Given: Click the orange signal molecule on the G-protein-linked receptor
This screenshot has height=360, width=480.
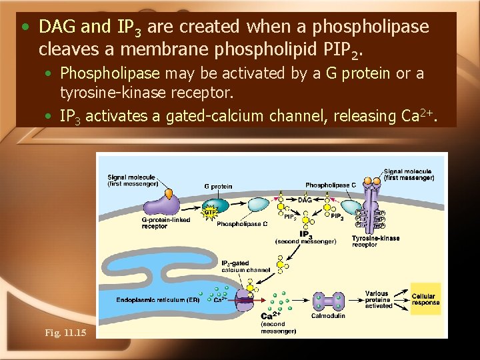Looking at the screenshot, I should click(169, 193).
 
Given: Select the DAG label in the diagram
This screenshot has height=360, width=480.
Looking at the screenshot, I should click(305, 200).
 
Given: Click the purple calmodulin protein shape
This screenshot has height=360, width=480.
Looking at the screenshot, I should click(328, 301).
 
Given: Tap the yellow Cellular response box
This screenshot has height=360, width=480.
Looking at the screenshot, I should click(425, 299).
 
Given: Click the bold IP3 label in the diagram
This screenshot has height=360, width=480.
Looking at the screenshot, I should click(305, 234).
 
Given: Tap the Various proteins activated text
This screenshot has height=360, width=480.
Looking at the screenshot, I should click(378, 299).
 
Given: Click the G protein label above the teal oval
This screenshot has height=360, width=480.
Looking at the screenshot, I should click(218, 186).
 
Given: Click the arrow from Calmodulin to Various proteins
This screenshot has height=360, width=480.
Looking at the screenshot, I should click(354, 301).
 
